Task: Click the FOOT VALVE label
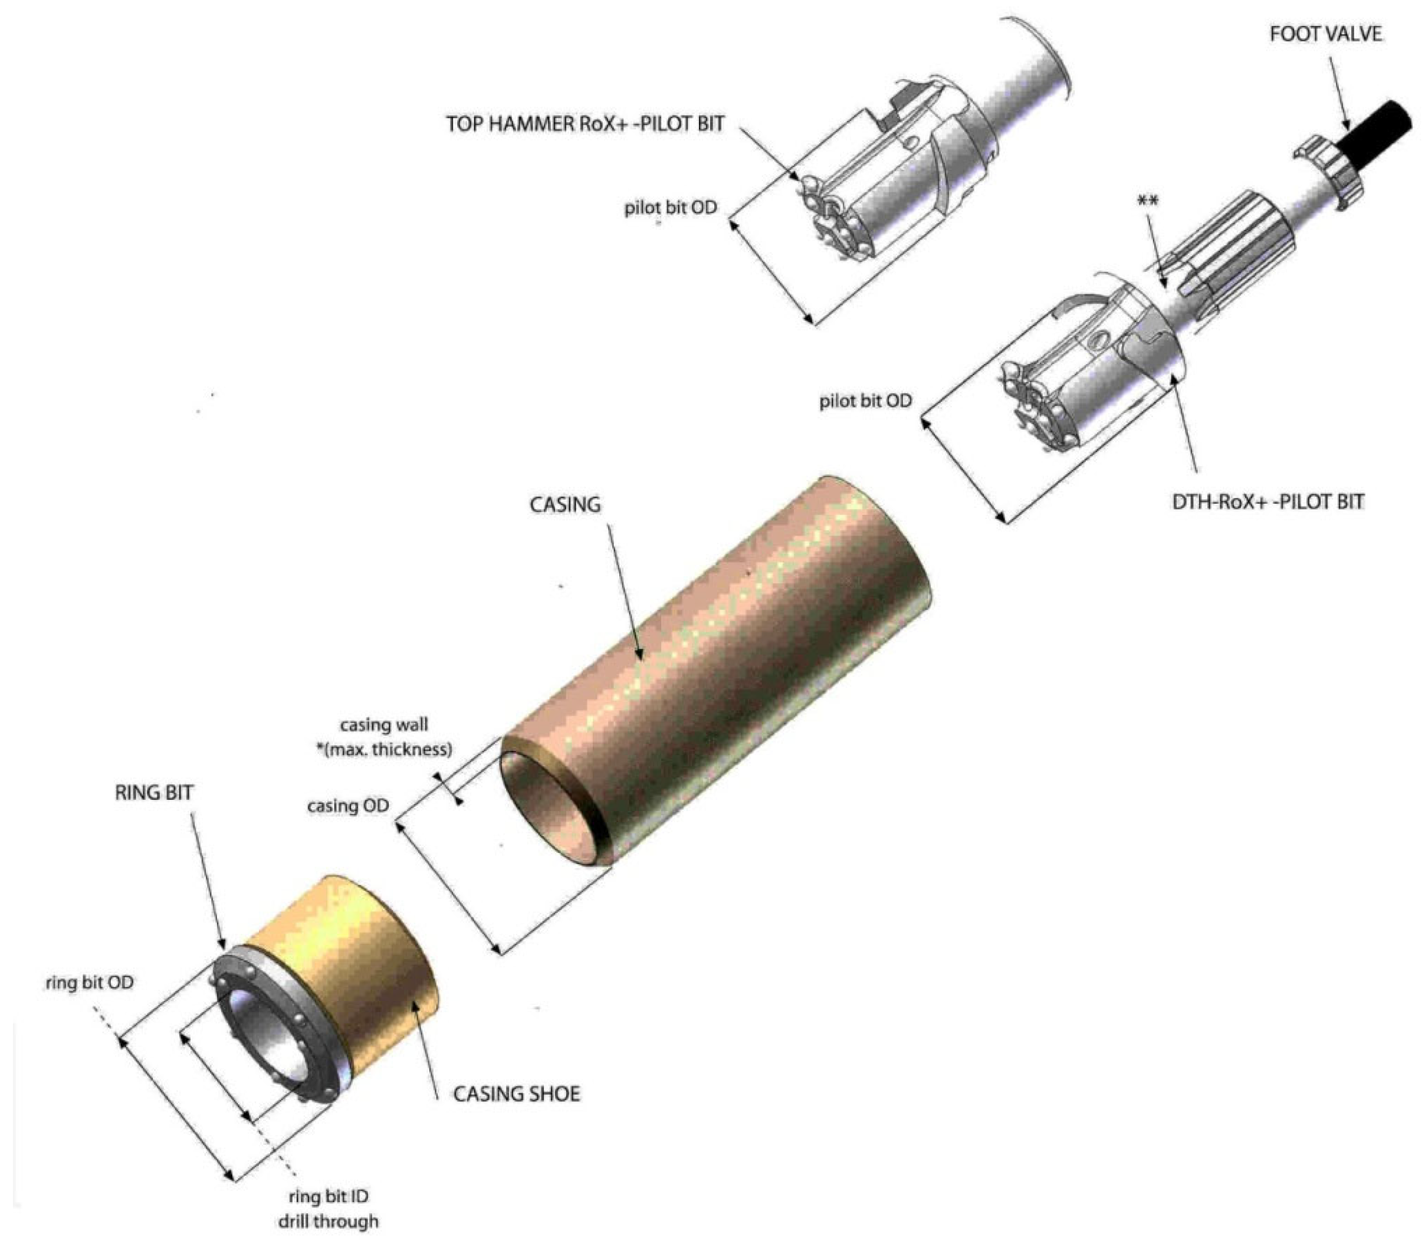tap(1325, 34)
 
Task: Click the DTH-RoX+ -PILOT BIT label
tap(1268, 501)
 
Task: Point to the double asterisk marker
tap(1147, 201)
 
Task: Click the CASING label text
tap(565, 505)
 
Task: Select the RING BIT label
tap(154, 793)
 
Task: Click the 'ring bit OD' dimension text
tap(90, 982)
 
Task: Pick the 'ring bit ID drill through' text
tap(329, 1208)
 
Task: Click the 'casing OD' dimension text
tap(348, 806)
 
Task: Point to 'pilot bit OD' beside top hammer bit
tap(670, 208)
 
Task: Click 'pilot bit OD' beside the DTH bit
tap(865, 401)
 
